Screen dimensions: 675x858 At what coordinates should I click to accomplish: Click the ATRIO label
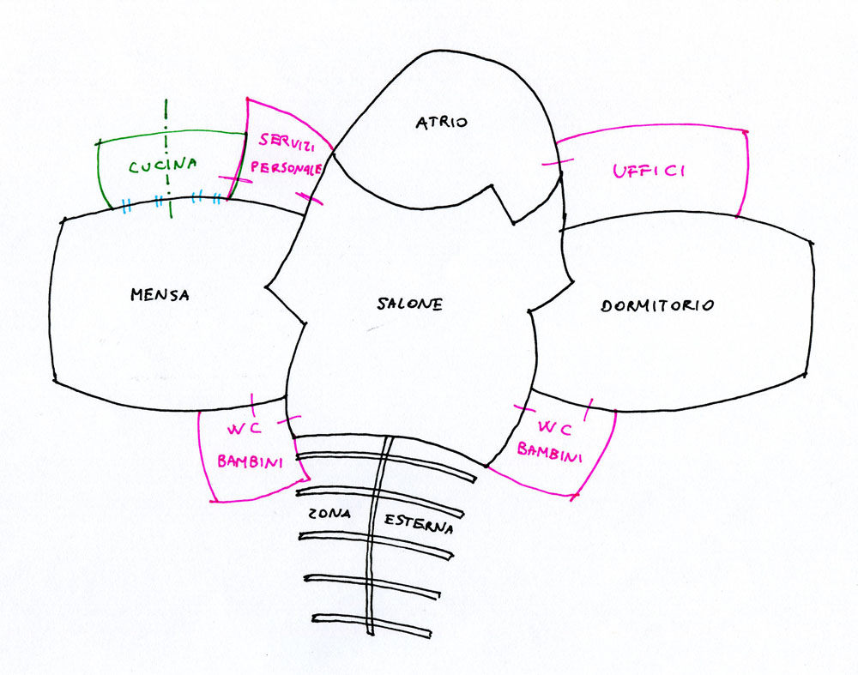point(442,123)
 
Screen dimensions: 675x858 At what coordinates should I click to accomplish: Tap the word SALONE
point(409,304)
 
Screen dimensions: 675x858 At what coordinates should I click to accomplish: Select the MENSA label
point(160,295)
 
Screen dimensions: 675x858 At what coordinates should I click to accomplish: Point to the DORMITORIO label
point(658,305)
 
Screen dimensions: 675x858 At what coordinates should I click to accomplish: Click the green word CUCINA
point(163,166)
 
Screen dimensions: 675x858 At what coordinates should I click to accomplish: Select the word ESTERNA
point(418,523)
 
